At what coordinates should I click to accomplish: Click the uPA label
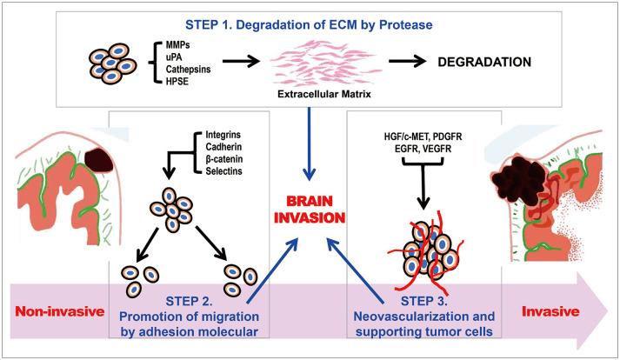162,57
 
